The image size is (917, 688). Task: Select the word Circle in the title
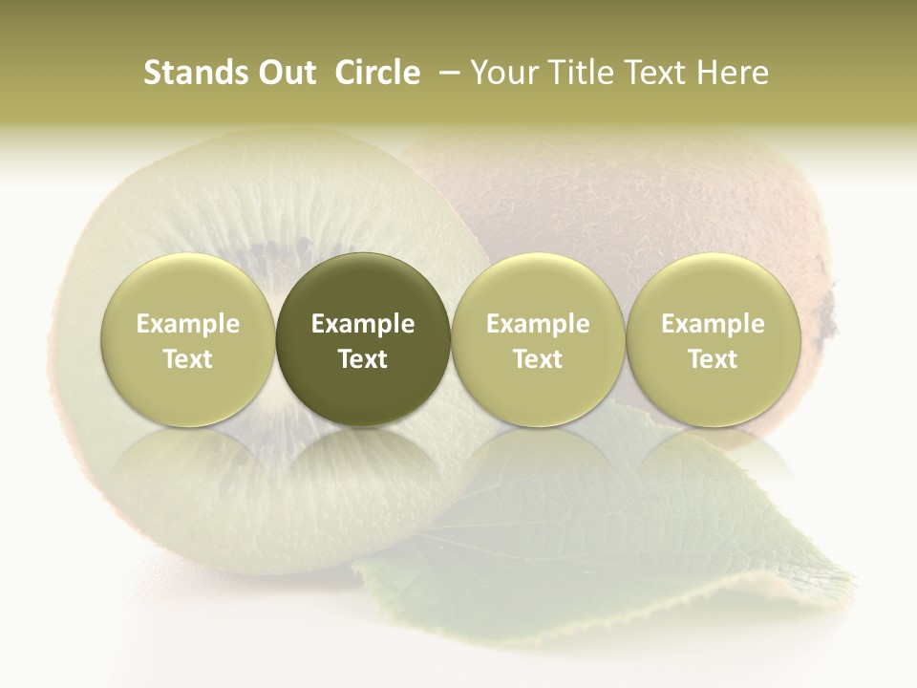377,73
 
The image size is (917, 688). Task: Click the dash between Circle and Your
445,73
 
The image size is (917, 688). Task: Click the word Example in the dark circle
363,324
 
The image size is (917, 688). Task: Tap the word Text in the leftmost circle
187,359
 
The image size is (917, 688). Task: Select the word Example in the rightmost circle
713,324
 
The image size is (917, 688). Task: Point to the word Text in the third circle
538,359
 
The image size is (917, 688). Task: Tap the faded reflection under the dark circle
363,459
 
